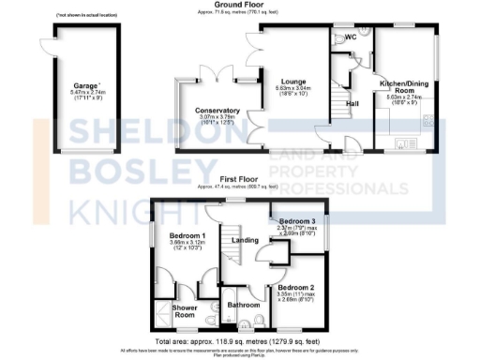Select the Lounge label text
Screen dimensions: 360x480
[x=292, y=82]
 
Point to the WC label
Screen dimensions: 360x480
[x=351, y=37]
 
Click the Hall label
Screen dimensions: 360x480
[x=352, y=103]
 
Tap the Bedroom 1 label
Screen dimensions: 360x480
[x=187, y=235]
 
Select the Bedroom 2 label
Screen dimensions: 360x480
[x=294, y=287]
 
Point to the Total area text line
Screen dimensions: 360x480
[x=239, y=340]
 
